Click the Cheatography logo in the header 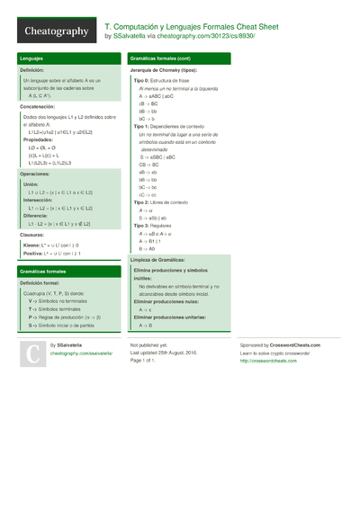pyautogui.click(x=56, y=31)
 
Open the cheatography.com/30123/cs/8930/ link pyautogui.click(x=211, y=37)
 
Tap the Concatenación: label pyautogui.click(x=39, y=105)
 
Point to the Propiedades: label pyautogui.click(x=38, y=140)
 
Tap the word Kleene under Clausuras pyautogui.click(x=31, y=245)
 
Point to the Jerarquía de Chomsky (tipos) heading pyautogui.click(x=163, y=69)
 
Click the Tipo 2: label pyautogui.click(x=140, y=203)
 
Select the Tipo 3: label pyautogui.click(x=140, y=226)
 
